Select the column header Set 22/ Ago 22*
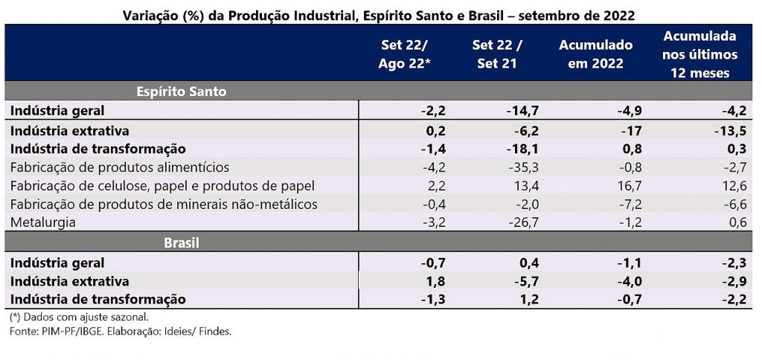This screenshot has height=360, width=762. coord(405,54)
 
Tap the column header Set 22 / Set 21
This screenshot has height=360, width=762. coord(497,54)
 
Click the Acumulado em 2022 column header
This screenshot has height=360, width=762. coord(595,54)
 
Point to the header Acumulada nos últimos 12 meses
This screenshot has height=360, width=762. coord(699,54)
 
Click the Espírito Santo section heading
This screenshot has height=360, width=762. coord(181,91)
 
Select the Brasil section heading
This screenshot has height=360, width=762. coord(181,242)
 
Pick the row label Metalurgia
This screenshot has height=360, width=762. coord(43,222)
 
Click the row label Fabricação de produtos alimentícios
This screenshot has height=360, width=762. coord(119,167)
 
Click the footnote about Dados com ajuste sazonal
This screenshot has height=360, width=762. coord(79,317)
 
